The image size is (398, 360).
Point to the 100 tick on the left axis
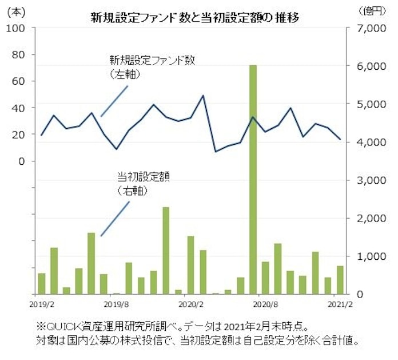click(15, 28)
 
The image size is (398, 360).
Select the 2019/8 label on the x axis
click(116, 301)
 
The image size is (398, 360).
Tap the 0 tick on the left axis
click(22, 161)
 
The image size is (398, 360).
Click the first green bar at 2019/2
click(41, 283)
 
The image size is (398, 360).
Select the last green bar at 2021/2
click(340, 279)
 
